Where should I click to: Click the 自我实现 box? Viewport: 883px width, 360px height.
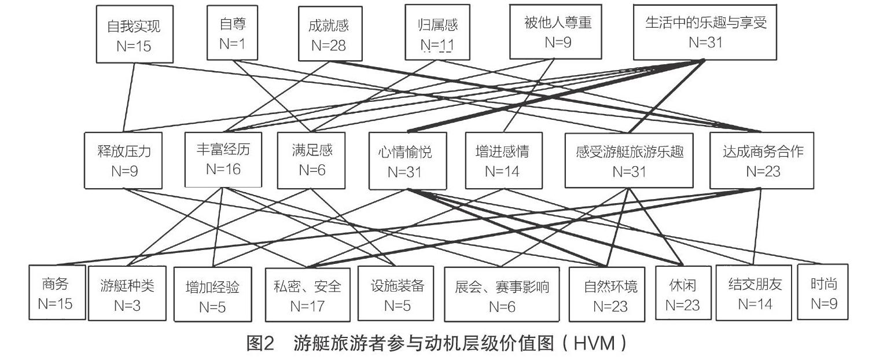pos(135,34)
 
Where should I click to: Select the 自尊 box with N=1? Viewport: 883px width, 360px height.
pos(233,33)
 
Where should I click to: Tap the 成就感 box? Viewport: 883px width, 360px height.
pos(330,34)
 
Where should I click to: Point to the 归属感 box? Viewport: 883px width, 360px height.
pos(437,32)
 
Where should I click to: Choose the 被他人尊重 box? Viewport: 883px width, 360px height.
pos(556,32)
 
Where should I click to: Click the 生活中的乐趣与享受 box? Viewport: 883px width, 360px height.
pos(705,32)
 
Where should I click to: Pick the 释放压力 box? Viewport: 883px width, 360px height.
pos(123,160)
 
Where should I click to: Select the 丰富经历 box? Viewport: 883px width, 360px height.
pos(223,160)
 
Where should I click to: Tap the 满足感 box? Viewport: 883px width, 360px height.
pos(311,160)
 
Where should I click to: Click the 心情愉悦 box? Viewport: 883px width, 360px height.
pos(408,161)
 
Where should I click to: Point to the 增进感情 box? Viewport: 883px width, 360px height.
pos(504,160)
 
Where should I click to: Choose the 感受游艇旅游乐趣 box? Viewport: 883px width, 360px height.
pos(629,160)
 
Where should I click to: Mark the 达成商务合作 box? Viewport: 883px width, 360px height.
pos(762,160)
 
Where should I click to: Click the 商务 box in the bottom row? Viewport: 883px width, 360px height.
pos(57,292)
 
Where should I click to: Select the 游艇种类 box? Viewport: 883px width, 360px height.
pos(127,293)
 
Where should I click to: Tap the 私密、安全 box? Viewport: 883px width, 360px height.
pos(308,295)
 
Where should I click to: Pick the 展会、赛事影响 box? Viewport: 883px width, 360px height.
pos(502,295)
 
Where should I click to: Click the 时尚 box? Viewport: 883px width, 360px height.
pos(823,292)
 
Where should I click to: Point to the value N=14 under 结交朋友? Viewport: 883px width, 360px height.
pos(755,304)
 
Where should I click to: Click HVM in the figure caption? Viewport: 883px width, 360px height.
pos(594,343)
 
